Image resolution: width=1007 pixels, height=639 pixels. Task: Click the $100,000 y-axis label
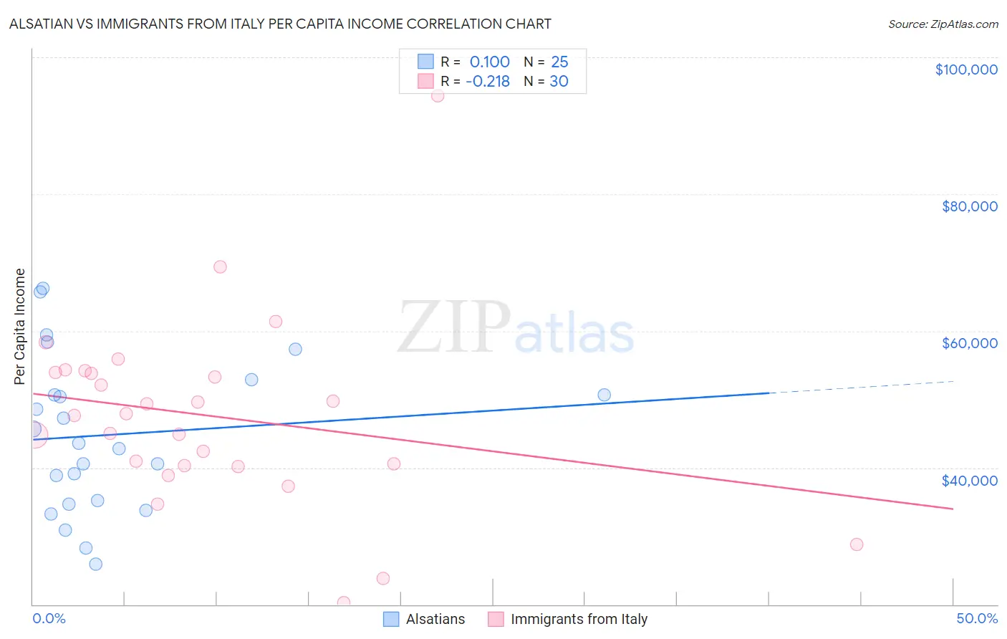pos(966,69)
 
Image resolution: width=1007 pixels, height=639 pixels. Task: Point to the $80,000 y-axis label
pos(969,206)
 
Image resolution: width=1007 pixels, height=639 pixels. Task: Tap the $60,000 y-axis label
pos(969,343)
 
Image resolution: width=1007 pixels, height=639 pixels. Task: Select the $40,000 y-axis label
pos(969,481)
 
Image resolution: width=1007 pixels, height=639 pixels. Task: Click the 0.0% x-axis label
pos(49,618)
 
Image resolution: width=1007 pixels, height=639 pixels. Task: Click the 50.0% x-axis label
pos(976,618)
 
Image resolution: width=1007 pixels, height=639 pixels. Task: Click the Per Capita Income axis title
pos(20,326)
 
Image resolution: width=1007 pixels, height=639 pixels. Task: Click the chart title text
pos(280,24)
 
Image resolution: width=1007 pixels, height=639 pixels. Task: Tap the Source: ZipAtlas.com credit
pos(943,24)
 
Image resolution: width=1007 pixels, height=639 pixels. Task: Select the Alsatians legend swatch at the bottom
pos(391,619)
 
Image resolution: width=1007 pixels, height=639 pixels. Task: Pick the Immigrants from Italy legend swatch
pos(496,619)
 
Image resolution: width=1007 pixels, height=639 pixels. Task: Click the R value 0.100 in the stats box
pos(490,62)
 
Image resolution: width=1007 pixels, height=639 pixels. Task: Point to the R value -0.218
pos(488,81)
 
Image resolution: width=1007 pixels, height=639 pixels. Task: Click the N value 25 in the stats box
pos(559,62)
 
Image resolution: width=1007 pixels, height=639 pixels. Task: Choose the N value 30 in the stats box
pos(559,81)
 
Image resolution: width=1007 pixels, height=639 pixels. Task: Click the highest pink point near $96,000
pos(438,95)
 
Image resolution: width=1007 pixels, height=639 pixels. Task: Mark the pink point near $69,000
pos(220,266)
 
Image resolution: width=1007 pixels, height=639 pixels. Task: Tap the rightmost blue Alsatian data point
pos(604,395)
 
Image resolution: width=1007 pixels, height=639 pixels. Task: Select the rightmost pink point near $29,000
pos(857,544)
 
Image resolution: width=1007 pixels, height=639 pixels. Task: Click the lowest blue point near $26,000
pos(95,564)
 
